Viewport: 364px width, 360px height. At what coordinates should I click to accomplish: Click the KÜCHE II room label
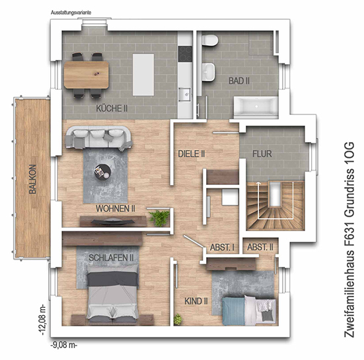(112, 108)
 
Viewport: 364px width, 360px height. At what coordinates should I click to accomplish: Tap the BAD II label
(239, 81)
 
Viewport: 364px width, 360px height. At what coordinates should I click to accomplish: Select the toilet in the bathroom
(210, 40)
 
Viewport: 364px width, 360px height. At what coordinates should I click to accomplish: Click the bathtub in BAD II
(256, 106)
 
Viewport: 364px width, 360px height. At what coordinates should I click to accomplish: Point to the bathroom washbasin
(208, 72)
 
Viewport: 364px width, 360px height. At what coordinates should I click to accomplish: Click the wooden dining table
(87, 75)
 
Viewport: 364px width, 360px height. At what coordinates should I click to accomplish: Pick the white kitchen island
(143, 75)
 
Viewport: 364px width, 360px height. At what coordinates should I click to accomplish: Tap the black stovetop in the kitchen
(185, 54)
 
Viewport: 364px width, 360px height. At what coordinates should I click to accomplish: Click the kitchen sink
(184, 94)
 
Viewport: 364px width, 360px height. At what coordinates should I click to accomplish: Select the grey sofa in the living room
(98, 137)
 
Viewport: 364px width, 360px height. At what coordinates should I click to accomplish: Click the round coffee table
(102, 172)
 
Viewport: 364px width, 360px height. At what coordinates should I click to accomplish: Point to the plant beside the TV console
(159, 218)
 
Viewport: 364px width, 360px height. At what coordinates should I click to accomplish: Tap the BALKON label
(33, 179)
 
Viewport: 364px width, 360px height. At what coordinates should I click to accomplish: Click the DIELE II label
(192, 154)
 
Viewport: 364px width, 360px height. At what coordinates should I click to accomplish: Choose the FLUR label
(262, 154)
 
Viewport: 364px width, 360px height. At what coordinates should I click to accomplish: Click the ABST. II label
(260, 247)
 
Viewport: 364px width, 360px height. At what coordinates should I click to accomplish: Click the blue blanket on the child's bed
(233, 311)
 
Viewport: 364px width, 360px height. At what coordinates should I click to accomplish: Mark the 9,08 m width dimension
(64, 345)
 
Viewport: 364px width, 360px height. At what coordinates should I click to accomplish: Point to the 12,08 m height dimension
(43, 320)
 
